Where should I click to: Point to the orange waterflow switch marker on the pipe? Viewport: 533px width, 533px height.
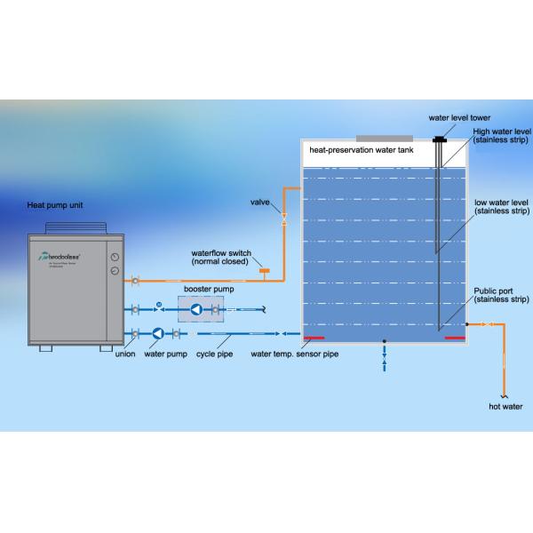(264, 270)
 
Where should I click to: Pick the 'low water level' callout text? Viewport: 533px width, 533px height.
(502, 207)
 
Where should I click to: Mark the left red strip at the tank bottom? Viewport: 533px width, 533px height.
(313, 338)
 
